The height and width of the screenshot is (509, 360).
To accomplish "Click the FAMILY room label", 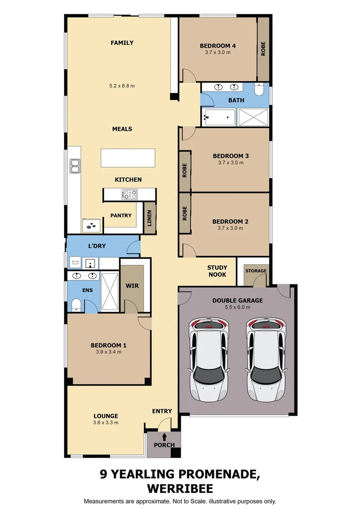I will coord(122,43).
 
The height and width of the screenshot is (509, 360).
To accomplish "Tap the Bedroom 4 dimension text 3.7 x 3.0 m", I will coord(218,53).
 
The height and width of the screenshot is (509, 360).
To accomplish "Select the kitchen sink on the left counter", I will coord(75,166).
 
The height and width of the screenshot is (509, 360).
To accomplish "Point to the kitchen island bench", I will coord(128,158).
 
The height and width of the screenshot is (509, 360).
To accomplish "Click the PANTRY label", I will coord(121,215).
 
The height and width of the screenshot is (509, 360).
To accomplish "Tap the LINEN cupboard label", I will coord(149,218).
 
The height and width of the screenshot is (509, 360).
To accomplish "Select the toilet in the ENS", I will coord(76,305).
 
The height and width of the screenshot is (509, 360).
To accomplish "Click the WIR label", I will coord(131,286).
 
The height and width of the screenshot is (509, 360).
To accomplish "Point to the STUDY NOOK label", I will coord(217,271).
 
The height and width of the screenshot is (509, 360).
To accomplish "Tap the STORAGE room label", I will coord(256,271).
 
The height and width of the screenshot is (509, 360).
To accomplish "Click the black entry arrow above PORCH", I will coord(164,436).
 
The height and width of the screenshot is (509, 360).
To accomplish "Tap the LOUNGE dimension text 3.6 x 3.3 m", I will coord(106,423).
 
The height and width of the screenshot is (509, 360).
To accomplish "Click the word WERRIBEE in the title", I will coord(180,488).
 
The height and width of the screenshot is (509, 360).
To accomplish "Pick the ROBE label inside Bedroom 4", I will coord(263,49).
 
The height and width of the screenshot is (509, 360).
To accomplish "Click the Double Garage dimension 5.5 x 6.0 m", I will coord(237,307).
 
